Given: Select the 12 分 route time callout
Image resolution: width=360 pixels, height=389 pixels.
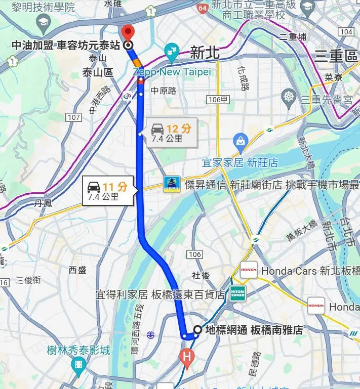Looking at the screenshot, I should (171, 133).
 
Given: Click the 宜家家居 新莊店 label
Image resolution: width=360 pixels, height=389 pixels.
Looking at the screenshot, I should (240, 162).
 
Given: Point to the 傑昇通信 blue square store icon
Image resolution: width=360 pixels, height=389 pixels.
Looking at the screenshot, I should (172, 185).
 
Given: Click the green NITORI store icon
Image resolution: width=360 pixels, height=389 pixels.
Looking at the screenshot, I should (237, 293).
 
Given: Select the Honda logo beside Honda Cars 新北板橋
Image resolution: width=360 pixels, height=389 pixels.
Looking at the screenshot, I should (249, 270).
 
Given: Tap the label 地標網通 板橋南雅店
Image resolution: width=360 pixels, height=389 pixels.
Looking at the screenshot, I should (254, 330).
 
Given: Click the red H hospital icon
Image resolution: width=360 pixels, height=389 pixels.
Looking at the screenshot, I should (187, 357).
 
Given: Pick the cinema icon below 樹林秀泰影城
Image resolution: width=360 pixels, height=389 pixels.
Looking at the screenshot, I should (78, 364).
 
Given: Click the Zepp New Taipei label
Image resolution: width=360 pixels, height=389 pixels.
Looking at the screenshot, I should (172, 72).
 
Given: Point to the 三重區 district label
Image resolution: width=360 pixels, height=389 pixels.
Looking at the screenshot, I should (336, 56).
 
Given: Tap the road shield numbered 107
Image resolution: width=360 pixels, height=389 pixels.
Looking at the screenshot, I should (73, 117).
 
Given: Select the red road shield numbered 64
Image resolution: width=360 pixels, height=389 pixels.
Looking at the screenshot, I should (202, 8).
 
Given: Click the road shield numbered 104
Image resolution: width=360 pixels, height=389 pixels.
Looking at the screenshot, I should (346, 32).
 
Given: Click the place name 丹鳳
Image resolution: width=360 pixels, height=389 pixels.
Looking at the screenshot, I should (43, 203).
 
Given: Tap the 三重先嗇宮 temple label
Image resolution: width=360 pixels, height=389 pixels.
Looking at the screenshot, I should (327, 100).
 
